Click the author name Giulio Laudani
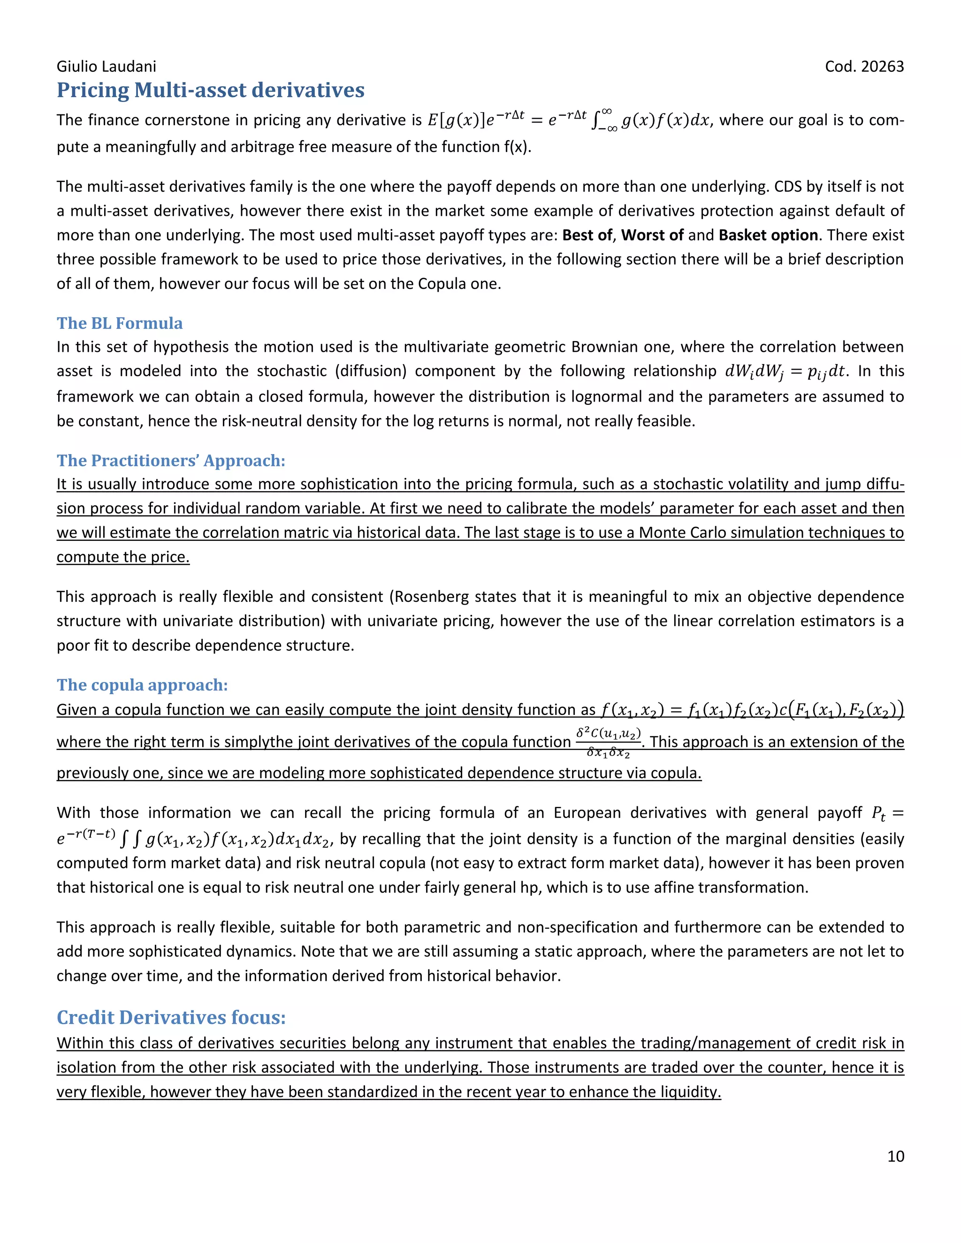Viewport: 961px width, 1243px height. coord(106,67)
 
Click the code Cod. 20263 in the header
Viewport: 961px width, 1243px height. coord(864,67)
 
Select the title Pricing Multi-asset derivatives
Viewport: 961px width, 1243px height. coord(211,90)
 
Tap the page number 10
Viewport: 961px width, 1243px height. coord(895,1156)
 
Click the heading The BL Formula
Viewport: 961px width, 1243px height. coord(120,323)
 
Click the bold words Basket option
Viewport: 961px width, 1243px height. coord(768,235)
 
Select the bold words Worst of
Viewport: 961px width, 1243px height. coord(652,235)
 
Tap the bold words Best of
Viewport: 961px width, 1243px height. coord(587,235)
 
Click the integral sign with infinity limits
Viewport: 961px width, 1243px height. coord(603,120)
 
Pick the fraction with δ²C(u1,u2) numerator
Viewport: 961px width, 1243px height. coord(608,742)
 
